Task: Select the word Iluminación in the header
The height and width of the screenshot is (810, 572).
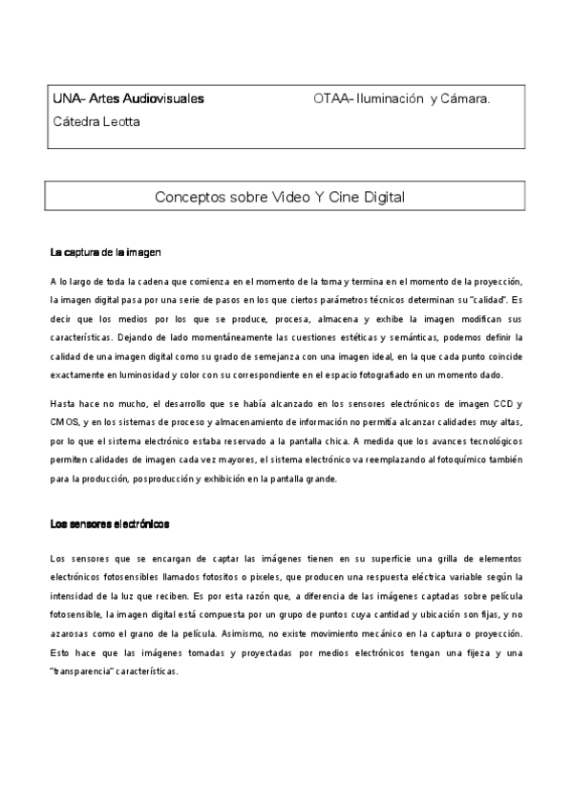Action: (390, 98)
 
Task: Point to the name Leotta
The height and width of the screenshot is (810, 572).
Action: (119, 121)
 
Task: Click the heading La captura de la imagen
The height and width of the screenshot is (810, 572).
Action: (105, 253)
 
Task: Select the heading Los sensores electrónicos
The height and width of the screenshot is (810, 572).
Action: (109, 524)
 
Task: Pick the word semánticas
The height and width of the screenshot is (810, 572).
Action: (400, 337)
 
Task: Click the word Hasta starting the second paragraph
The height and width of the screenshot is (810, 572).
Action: (65, 404)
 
